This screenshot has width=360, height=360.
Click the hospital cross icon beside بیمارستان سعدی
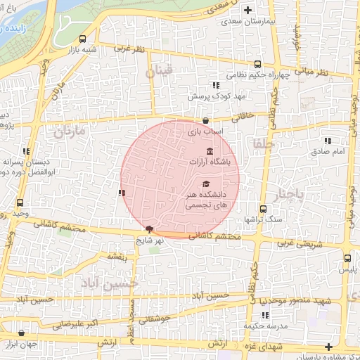pos(247,10)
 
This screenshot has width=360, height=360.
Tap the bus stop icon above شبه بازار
pos(83,39)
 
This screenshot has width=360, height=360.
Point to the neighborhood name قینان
pos(158,72)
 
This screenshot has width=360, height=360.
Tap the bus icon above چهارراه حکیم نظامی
pos(257,63)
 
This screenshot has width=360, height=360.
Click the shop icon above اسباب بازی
pos(205,120)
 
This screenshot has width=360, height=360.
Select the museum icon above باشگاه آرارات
pos(210,151)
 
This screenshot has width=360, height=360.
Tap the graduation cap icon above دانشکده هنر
pos(205,184)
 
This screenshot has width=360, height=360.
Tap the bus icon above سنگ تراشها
pos(262,209)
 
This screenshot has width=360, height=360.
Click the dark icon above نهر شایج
pos(149,229)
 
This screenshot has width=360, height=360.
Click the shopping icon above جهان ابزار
pos(21,333)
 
